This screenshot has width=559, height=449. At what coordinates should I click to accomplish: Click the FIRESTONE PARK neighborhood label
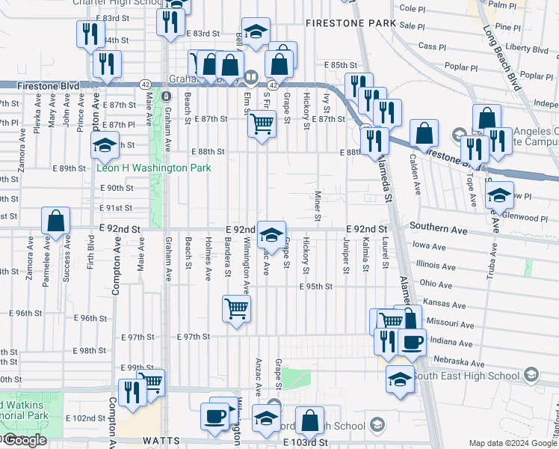[350, 24]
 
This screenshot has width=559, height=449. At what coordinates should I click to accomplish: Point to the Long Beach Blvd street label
[501, 58]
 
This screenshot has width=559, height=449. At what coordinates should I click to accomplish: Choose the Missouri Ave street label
[450, 323]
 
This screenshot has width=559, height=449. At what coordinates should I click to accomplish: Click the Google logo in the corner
[24, 440]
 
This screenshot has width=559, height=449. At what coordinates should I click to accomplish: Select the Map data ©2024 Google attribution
[513, 443]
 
